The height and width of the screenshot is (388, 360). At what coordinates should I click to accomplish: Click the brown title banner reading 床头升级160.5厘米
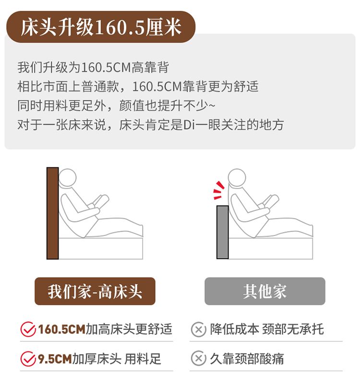(x=100, y=27)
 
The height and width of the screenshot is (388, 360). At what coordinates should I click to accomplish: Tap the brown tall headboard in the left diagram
(x=52, y=213)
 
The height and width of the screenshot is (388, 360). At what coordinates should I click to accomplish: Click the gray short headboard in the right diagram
(x=223, y=232)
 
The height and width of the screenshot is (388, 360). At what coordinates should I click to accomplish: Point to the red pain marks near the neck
(x=219, y=190)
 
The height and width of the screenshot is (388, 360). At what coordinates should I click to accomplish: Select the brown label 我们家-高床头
(x=95, y=291)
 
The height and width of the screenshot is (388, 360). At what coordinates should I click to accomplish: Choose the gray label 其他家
(x=265, y=291)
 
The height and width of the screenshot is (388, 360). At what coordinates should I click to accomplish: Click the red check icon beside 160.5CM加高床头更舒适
(x=28, y=329)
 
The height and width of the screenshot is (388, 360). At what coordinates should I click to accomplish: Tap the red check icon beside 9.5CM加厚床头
(x=28, y=359)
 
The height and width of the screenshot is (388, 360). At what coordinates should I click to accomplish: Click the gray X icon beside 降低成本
(x=198, y=329)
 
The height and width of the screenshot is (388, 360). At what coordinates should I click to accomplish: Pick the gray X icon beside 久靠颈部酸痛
(x=198, y=358)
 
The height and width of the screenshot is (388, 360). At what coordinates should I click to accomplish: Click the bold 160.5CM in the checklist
(x=61, y=329)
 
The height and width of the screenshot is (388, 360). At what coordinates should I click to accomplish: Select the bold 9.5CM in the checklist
(x=55, y=359)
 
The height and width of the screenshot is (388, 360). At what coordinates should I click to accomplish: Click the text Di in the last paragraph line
(x=189, y=125)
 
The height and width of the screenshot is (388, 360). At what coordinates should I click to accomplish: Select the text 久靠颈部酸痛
(x=247, y=359)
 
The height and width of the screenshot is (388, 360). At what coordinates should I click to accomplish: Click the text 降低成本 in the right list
(x=234, y=329)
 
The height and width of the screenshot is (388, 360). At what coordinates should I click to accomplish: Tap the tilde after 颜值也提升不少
(x=212, y=106)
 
